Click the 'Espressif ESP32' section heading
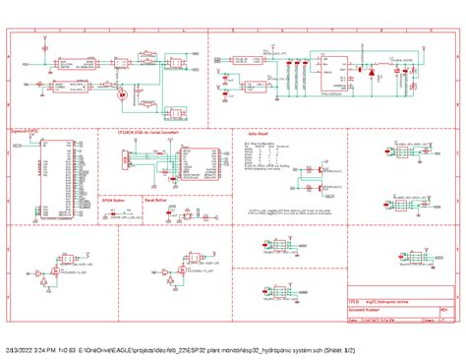coord(26,129)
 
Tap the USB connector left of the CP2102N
coord(126,157)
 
